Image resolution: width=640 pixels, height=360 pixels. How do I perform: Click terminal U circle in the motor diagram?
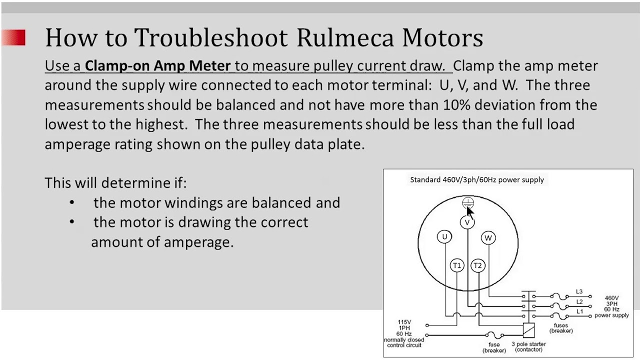point(444,237)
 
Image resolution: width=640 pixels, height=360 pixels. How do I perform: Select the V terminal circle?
point(467,222)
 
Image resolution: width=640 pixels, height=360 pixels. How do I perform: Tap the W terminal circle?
point(488,238)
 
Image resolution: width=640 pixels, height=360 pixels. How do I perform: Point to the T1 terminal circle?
point(457,265)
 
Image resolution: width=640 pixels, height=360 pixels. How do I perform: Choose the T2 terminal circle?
point(477,265)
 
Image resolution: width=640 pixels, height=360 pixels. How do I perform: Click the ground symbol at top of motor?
point(467,202)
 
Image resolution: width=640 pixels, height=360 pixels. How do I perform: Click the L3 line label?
point(579,291)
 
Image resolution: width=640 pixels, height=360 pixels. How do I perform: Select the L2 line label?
point(579,301)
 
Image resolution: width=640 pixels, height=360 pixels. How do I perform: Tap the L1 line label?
point(579,311)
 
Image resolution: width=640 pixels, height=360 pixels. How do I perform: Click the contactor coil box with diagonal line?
point(528,330)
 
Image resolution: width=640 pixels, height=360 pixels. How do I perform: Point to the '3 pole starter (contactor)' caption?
point(528,346)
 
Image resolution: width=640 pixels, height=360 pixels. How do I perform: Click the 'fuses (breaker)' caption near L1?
point(560,328)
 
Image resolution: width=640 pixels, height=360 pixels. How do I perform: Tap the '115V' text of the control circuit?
point(404,322)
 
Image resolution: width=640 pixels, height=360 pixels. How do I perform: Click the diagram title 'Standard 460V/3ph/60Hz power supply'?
point(476,179)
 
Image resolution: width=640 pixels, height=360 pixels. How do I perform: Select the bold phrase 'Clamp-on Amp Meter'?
point(157,65)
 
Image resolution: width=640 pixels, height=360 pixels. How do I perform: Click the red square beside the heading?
point(14,38)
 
